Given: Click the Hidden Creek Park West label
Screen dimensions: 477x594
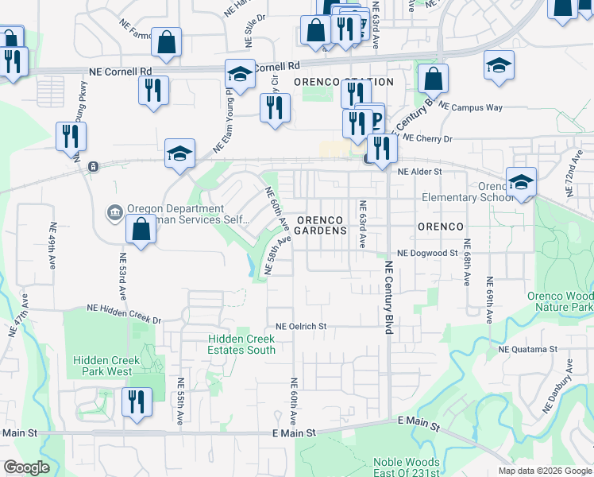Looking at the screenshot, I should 102,366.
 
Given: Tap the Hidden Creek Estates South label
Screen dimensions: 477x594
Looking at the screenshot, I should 241,344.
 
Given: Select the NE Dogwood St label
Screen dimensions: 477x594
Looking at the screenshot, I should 428,253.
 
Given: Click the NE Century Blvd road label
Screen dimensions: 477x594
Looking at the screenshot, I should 389,301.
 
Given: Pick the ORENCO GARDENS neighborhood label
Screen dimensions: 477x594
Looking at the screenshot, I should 321,225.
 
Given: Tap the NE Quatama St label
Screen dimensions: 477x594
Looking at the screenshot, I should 528,349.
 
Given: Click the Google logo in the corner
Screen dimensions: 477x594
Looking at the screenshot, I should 26,467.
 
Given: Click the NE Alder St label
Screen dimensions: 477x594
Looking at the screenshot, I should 418,171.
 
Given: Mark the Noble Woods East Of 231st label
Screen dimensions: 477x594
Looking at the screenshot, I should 406,467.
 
